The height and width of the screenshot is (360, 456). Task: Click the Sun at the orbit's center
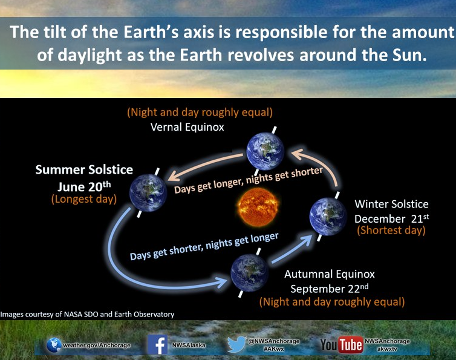click(258, 207)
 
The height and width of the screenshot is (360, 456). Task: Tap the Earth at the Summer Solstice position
click(148, 192)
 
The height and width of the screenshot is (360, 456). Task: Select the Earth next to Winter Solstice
click(328, 217)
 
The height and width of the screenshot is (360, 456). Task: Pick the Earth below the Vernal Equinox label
click(265, 151)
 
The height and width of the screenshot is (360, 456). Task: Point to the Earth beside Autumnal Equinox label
click(250, 273)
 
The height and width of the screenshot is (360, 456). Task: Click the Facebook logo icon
click(157, 345)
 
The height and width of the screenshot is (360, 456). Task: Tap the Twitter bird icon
click(236, 344)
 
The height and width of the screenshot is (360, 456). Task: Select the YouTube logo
click(342, 345)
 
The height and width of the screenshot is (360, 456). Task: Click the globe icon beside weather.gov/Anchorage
click(54, 345)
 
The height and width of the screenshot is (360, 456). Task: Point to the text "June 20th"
click(84, 186)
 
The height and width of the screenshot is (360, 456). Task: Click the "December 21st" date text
click(391, 218)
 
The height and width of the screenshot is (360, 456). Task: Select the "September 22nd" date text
click(329, 289)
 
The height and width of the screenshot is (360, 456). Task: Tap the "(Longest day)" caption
click(84, 199)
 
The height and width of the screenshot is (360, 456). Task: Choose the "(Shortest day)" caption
click(391, 230)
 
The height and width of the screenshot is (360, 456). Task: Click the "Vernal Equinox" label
click(187, 127)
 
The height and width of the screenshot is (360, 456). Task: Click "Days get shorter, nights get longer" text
click(204, 246)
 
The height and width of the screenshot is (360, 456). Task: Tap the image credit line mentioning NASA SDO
click(87, 314)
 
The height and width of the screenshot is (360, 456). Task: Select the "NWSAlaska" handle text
click(189, 345)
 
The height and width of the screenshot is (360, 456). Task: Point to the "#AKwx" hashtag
click(273, 349)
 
